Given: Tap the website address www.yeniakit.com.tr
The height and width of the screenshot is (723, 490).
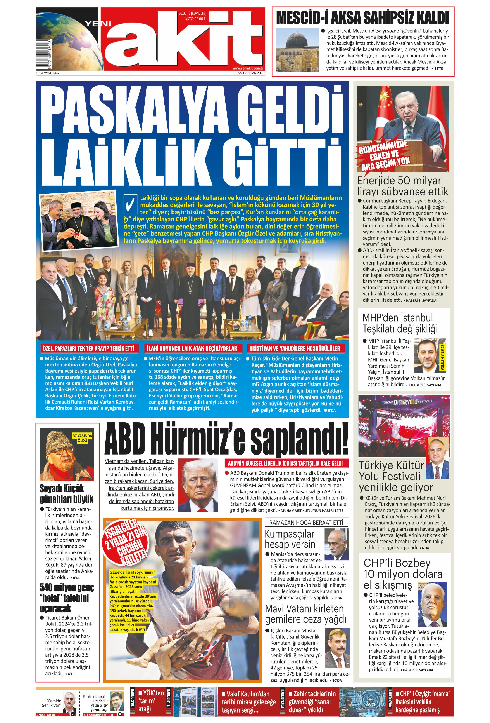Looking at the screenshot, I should click(x=248, y=68).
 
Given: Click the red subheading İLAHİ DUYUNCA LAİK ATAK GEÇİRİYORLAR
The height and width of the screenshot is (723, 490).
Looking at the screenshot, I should click(x=192, y=348).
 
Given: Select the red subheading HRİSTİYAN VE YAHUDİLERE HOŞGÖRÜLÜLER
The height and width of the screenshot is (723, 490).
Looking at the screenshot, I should click(x=295, y=348).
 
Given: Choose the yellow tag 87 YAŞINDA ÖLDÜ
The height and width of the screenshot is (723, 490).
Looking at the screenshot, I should click(x=82, y=438).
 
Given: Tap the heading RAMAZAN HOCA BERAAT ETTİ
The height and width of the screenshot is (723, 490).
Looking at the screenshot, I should click(x=306, y=523).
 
